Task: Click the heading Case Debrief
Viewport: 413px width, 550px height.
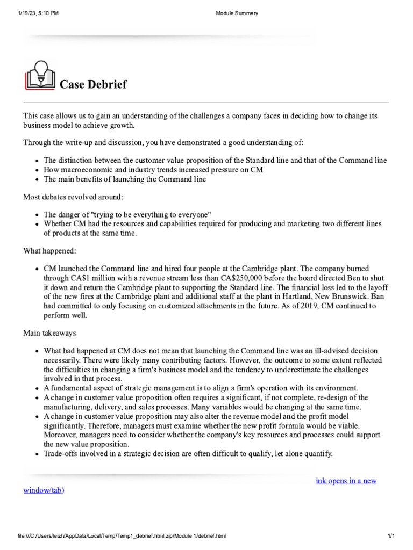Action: pos(93,84)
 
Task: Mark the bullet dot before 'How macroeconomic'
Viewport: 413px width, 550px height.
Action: pos(36,170)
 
